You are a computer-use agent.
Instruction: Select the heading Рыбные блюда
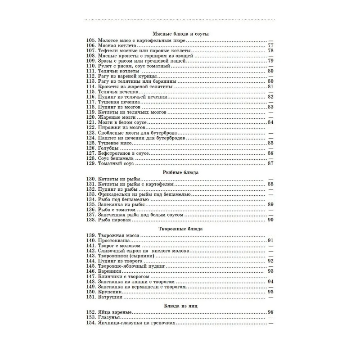coord(180,172)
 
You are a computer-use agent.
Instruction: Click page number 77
coord(270,45)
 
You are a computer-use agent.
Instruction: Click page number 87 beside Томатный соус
coord(270,163)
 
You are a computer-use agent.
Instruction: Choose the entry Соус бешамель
coord(116,158)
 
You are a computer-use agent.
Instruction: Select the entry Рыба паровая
coord(115,220)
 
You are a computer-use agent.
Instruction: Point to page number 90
coord(270,220)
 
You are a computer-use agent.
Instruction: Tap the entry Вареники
coord(109,271)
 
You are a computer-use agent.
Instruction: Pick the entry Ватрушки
coord(110,297)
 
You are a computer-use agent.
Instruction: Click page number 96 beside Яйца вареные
coord(270,312)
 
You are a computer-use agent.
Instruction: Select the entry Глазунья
coord(109,318)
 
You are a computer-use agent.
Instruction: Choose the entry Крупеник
coord(110,292)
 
